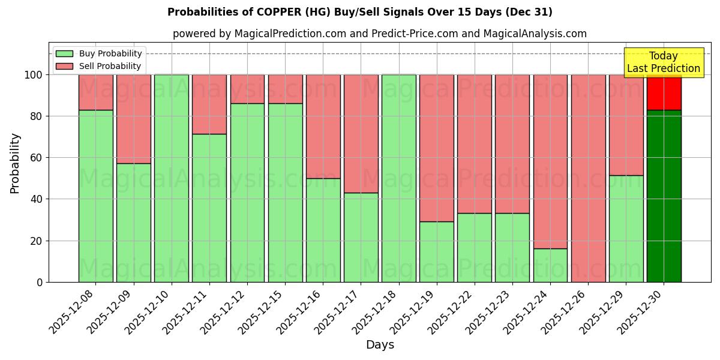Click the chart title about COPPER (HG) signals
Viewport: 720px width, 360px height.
tap(359, 12)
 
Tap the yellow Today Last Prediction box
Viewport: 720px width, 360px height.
tap(663, 62)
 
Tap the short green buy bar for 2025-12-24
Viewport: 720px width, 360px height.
tap(550, 265)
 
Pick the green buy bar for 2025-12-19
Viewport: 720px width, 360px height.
tap(436, 252)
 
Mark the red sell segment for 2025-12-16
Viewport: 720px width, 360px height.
tap(323, 126)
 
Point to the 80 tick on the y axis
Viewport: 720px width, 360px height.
tap(38, 116)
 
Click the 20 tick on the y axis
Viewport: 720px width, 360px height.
tap(38, 241)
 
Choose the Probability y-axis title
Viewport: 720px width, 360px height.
tap(16, 163)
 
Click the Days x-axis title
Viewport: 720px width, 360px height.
tap(380, 345)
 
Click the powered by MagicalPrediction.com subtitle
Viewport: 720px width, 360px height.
tap(379, 34)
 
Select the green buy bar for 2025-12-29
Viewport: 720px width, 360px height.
tap(626, 229)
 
